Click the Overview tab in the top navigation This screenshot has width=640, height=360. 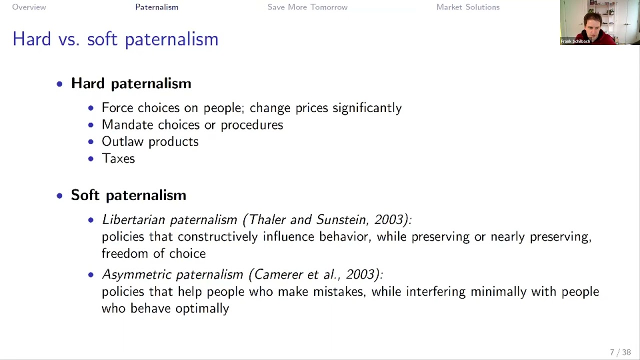click(x=29, y=7)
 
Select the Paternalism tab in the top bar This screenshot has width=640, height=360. click(x=156, y=7)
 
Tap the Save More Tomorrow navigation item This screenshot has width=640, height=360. click(x=307, y=7)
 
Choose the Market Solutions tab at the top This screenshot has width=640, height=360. click(x=467, y=7)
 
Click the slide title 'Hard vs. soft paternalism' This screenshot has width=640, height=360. click(x=115, y=39)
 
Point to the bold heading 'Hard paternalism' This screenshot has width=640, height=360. click(x=131, y=83)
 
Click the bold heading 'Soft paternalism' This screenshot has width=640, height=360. click(x=128, y=195)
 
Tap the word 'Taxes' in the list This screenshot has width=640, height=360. click(x=118, y=158)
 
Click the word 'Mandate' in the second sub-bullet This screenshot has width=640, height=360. click(x=127, y=124)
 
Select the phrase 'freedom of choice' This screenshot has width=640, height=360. click(x=153, y=253)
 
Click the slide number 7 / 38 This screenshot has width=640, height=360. click(x=620, y=352)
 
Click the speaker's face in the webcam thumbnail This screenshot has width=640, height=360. click(x=593, y=22)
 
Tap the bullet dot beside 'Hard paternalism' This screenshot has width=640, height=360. click(x=59, y=84)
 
